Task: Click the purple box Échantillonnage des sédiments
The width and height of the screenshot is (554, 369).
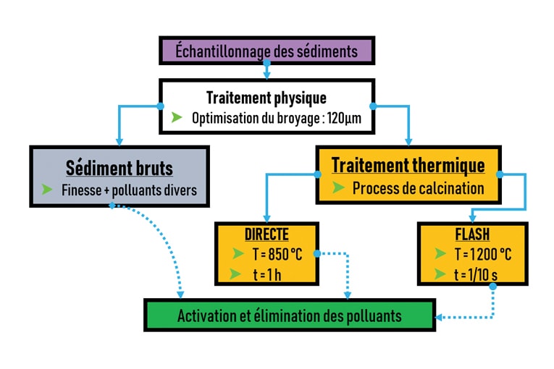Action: [x=266, y=52]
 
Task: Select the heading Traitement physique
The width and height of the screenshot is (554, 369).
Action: [x=266, y=98]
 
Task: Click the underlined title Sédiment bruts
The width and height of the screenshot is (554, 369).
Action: [x=119, y=169]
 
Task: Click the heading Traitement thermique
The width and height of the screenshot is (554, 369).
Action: [x=408, y=165]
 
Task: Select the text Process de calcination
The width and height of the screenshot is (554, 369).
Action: [x=418, y=188]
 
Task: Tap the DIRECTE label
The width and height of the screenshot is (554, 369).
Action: [x=266, y=234]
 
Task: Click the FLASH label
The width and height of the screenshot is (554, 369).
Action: [x=472, y=234]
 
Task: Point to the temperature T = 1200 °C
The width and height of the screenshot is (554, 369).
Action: [x=482, y=254]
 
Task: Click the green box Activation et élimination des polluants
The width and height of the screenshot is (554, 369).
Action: [x=290, y=316]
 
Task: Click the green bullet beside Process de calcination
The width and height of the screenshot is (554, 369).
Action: [x=337, y=188]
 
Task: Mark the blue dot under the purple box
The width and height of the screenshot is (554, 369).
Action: [x=266, y=64]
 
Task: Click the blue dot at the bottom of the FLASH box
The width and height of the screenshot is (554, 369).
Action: [x=492, y=286]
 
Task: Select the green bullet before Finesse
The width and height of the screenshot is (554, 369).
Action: [x=48, y=190]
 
